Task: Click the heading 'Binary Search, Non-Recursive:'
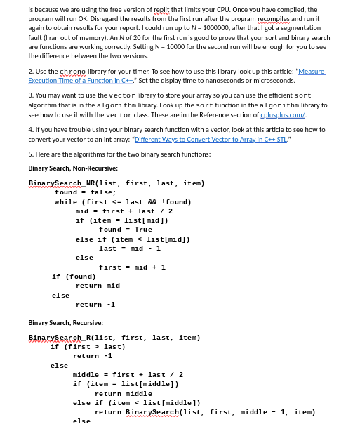coord(73,168)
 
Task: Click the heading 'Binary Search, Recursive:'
coord(65,322)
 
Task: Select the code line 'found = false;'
coord(86,192)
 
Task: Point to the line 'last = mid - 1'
coord(130,248)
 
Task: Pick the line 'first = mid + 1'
coord(133,267)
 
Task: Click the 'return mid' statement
coord(98,286)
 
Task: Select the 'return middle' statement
coord(124,394)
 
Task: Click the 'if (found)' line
coord(74,276)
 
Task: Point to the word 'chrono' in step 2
coord(72,72)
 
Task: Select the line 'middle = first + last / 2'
coord(128,375)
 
